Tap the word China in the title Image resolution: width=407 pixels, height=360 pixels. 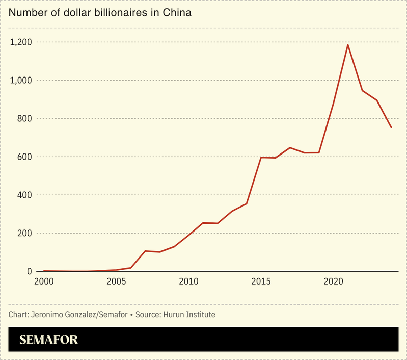click(x=177, y=13)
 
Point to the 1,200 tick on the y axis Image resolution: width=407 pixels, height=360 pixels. click(x=20, y=42)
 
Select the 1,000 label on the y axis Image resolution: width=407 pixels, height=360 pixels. click(x=20, y=81)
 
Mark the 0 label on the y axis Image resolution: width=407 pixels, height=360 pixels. click(x=29, y=272)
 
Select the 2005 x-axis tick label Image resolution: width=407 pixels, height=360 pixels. click(x=116, y=281)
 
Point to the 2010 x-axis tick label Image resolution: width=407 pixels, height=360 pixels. click(x=188, y=281)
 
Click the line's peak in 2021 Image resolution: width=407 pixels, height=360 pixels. click(x=348, y=45)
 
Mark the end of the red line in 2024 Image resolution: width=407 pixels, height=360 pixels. click(x=391, y=127)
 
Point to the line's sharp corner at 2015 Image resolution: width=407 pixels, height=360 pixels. click(x=261, y=158)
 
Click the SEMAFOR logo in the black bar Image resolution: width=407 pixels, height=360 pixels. click(x=48, y=340)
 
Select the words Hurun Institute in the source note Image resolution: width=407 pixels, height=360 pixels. click(x=188, y=315)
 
